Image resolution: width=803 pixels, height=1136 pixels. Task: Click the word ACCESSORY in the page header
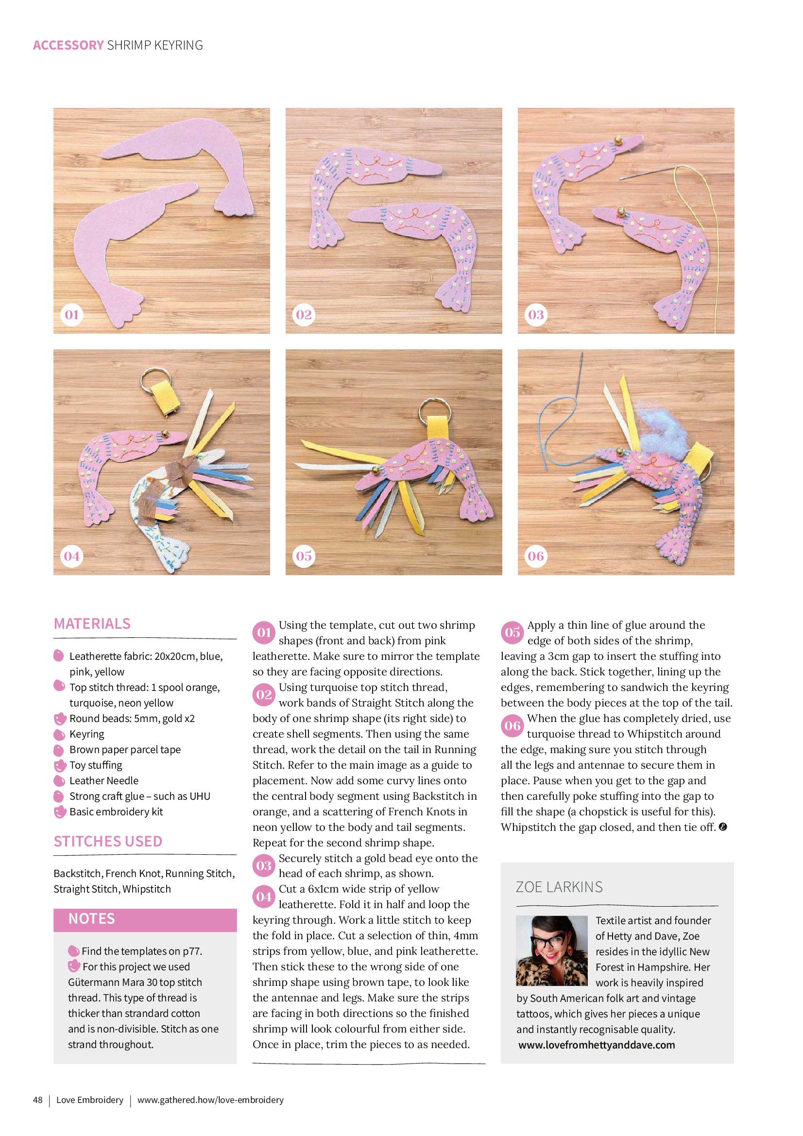[x=68, y=45]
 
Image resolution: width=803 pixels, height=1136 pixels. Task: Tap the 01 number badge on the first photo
[x=72, y=315]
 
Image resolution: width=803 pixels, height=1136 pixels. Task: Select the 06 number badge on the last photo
[x=536, y=556]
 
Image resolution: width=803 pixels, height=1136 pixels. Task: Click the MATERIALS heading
[x=92, y=623]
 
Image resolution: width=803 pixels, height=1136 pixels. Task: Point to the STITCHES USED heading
[x=108, y=842]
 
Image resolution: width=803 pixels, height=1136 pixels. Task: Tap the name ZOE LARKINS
[x=559, y=887]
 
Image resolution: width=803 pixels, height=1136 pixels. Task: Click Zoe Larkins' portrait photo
[x=552, y=951]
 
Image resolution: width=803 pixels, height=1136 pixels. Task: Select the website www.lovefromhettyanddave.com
[x=597, y=1045]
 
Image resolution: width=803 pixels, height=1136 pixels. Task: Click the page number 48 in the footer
[x=37, y=1100]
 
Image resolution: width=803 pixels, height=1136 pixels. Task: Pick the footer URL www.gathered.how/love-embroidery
[x=210, y=1100]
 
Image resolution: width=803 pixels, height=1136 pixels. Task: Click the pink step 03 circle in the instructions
[x=264, y=865]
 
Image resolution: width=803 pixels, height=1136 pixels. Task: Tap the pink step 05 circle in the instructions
[x=512, y=632]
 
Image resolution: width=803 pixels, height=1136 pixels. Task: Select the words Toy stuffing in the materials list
[x=96, y=765]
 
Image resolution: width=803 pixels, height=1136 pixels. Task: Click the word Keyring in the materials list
[x=86, y=734]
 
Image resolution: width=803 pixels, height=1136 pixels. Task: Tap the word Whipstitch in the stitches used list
[x=146, y=889]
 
